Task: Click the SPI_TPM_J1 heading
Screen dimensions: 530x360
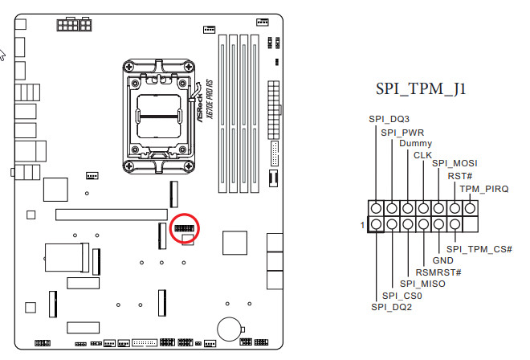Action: click(421, 89)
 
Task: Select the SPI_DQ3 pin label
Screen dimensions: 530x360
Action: click(389, 119)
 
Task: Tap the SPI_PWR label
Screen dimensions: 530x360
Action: click(402, 133)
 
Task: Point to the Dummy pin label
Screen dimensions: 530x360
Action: click(415, 144)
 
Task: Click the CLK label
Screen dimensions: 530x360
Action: click(422, 155)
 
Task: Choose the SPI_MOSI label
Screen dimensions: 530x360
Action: click(455, 163)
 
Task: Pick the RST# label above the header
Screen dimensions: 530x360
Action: click(459, 176)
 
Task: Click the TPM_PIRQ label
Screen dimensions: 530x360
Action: click(484, 189)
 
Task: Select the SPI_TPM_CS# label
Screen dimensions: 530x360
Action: click(479, 249)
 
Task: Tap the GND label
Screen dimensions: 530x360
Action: click(442, 260)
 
